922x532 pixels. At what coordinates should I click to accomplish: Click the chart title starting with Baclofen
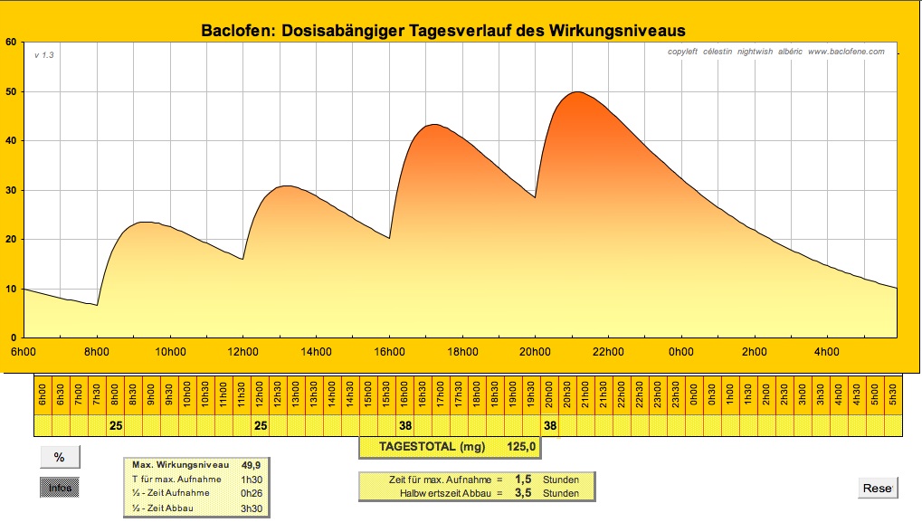coord(442,31)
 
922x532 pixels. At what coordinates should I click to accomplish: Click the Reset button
coord(878,489)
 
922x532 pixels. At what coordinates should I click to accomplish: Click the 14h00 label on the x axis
coord(315,352)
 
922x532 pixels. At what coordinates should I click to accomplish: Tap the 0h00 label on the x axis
coord(680,352)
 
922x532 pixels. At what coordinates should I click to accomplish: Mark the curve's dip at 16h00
coord(389,238)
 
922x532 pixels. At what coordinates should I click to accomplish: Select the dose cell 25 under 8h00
coord(115,424)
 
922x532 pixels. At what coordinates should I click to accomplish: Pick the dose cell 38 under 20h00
coord(550,424)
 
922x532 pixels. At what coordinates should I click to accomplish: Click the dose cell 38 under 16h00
coord(405,424)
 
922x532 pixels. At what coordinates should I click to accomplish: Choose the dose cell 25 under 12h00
coord(261,424)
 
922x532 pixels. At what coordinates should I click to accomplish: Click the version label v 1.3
coord(44,55)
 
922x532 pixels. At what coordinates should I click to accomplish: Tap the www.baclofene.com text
coord(846,52)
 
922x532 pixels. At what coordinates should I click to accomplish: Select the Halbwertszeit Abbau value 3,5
coord(523,493)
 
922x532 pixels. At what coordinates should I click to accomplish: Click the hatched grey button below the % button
coord(60,488)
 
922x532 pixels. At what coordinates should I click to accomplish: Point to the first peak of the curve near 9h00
coord(145,222)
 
